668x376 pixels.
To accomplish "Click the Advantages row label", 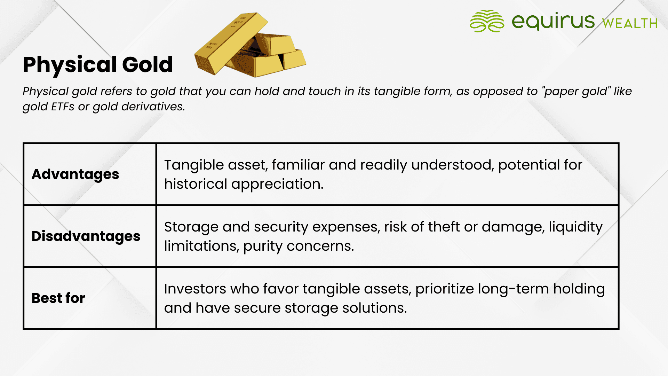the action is coord(75,174).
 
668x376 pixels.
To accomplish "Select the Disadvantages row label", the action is coord(86,236).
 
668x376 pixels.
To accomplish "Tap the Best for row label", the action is coord(58,298).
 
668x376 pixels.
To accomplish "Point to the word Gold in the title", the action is coord(148,64).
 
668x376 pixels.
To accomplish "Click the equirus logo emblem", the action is coord(487,21).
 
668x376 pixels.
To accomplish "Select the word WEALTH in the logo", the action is coord(630,23).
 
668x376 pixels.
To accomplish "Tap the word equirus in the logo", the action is coord(553,21).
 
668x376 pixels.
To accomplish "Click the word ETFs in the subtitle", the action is coord(63,107).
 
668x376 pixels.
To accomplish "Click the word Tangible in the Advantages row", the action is coord(194,165).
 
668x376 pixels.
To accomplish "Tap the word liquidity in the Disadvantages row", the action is coord(576,227).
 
